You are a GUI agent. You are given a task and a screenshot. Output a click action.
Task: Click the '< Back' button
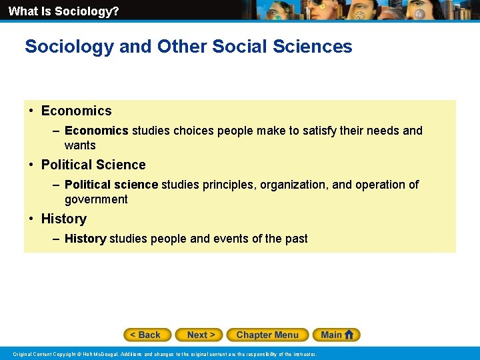tap(147, 335)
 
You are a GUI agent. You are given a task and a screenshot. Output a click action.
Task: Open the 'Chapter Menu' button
tap(267, 335)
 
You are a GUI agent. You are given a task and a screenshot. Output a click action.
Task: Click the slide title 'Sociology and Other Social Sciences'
tap(188, 47)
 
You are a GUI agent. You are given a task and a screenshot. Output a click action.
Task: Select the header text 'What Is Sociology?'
tap(64, 11)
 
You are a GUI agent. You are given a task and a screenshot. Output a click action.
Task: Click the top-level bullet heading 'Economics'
tap(76, 111)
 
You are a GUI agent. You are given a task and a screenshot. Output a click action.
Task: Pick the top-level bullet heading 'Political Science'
tap(93, 165)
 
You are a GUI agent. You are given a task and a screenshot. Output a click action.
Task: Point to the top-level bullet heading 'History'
tap(64, 219)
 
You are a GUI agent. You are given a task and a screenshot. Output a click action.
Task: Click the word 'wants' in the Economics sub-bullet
tap(80, 145)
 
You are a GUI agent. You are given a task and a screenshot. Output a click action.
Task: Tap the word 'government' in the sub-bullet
tap(96, 199)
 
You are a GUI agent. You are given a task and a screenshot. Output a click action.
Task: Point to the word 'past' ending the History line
tap(297, 239)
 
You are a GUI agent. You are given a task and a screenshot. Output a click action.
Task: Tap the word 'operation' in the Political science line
tap(381, 185)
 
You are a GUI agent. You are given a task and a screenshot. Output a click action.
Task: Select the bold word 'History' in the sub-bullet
tap(85, 239)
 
